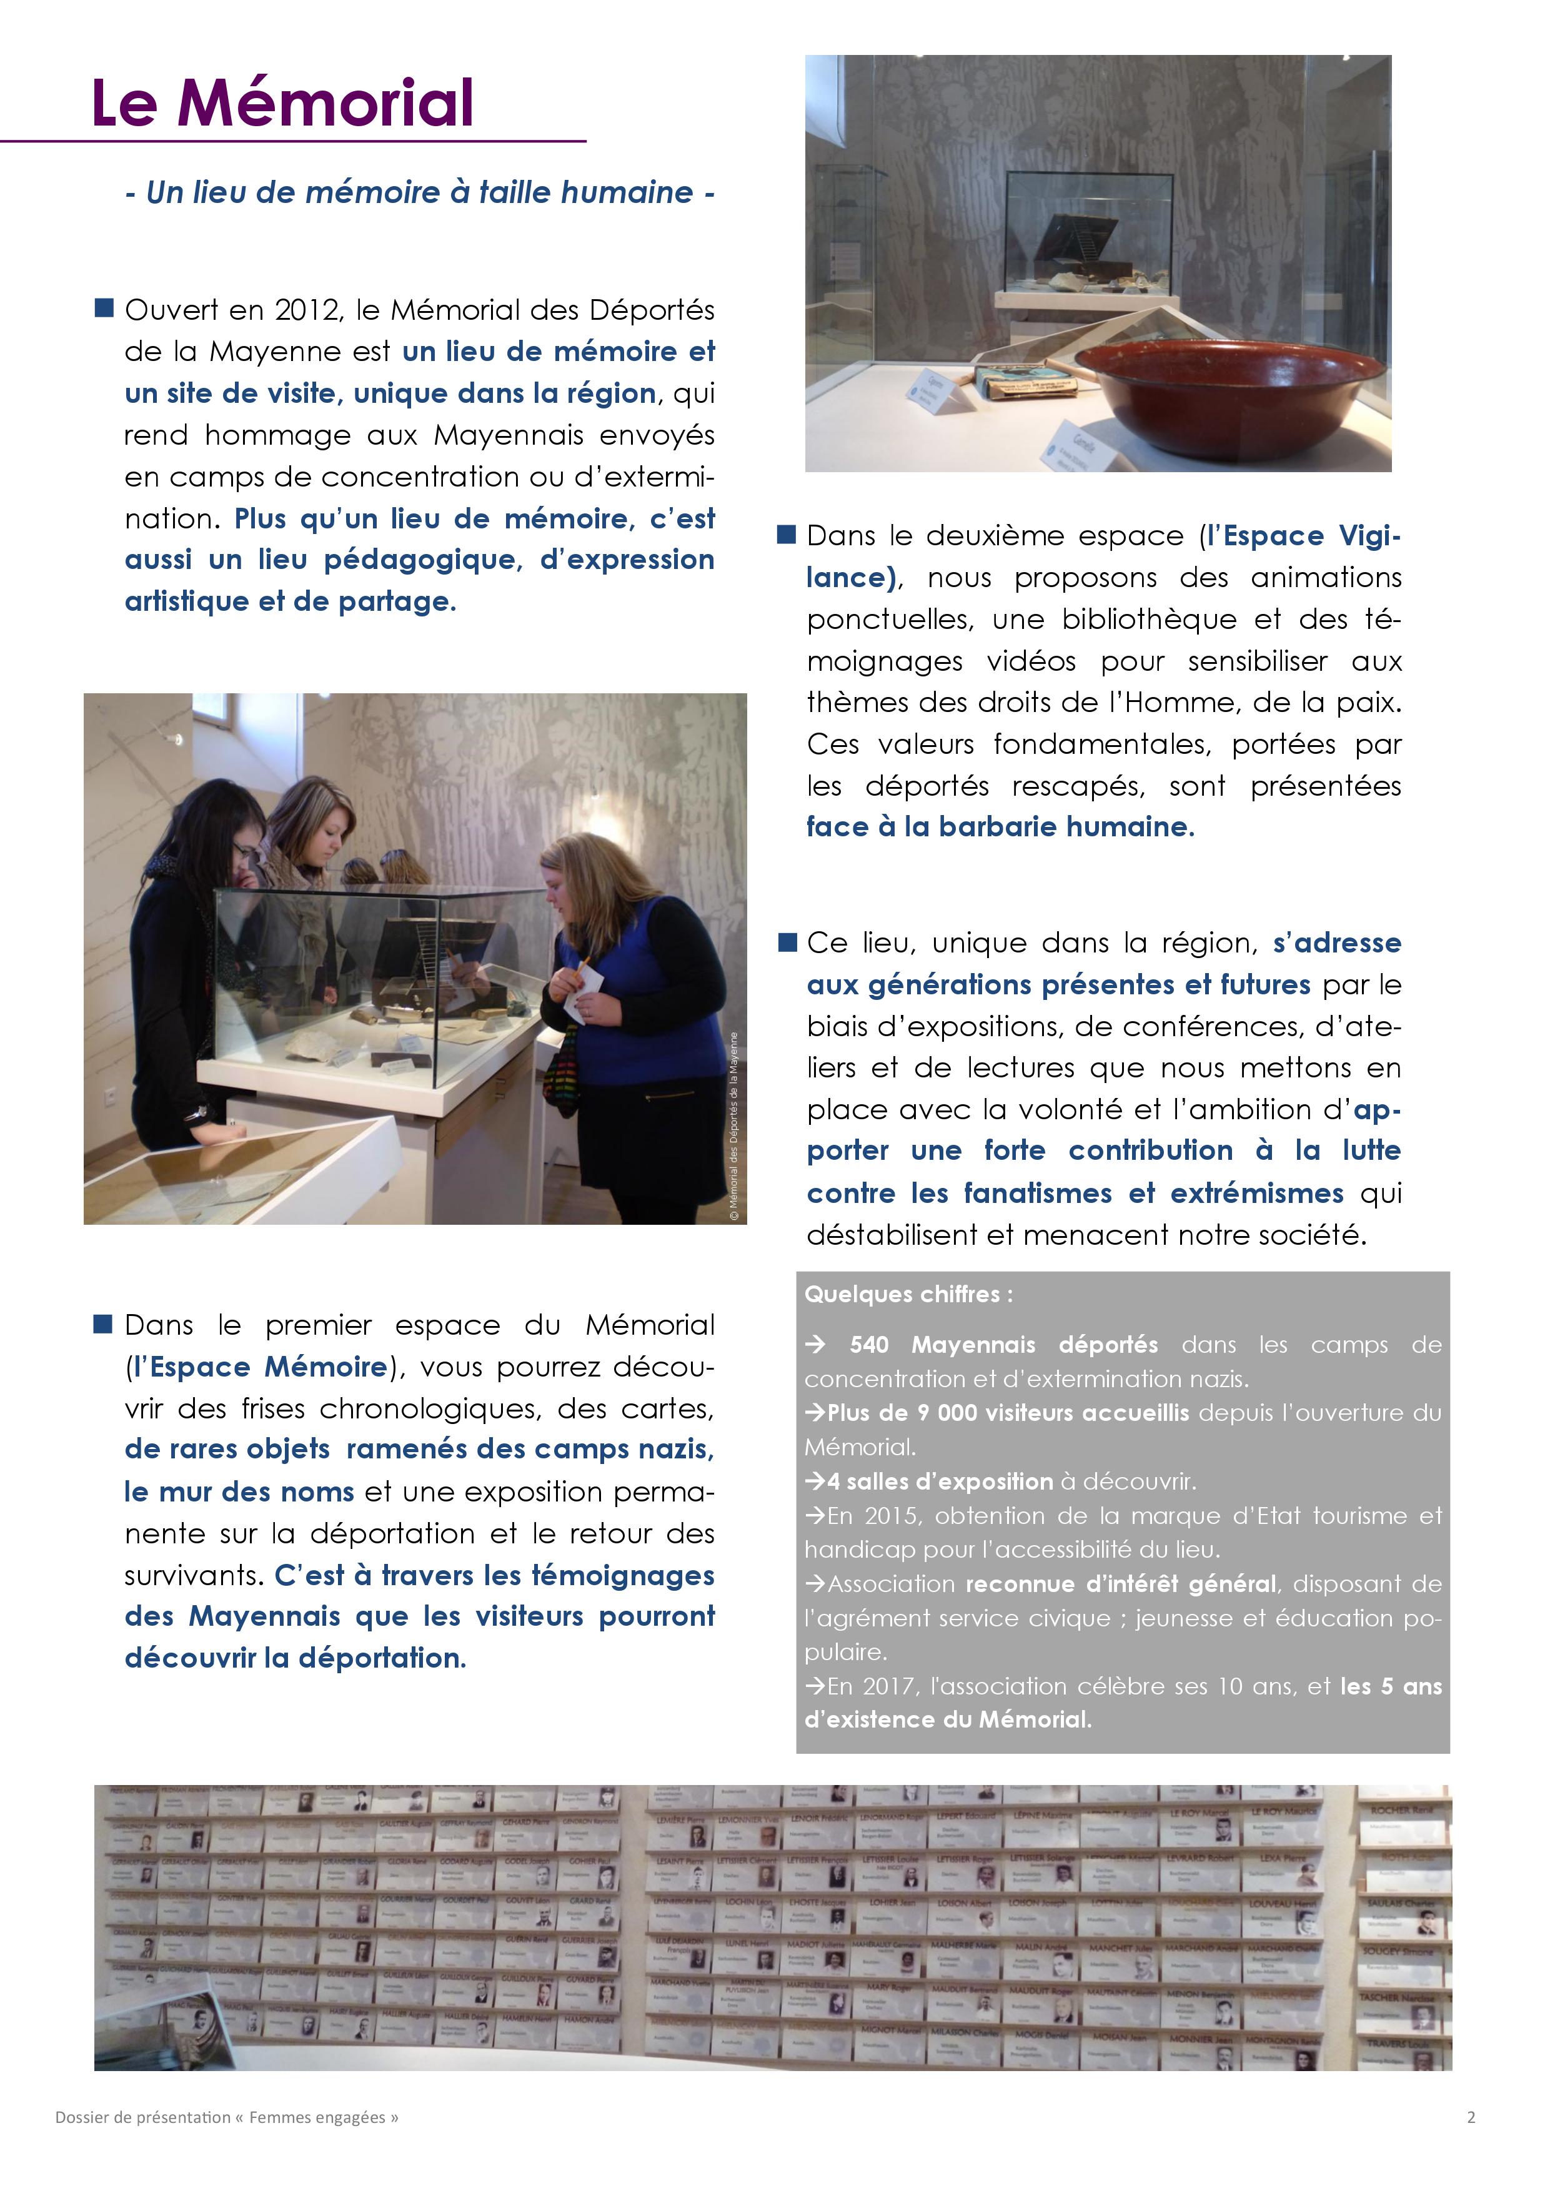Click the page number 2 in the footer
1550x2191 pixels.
coord(1471,2117)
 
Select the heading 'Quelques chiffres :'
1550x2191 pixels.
coord(908,1294)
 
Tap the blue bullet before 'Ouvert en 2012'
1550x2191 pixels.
coord(103,309)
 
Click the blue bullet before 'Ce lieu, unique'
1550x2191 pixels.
coord(787,943)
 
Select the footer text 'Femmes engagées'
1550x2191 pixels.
coord(317,2117)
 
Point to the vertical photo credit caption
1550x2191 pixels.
coord(734,1126)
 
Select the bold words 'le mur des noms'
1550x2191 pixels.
coord(239,1491)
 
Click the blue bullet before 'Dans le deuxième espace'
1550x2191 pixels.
coord(787,535)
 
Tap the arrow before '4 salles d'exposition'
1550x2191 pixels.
coord(815,1482)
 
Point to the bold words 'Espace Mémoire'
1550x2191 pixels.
coord(268,1367)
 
